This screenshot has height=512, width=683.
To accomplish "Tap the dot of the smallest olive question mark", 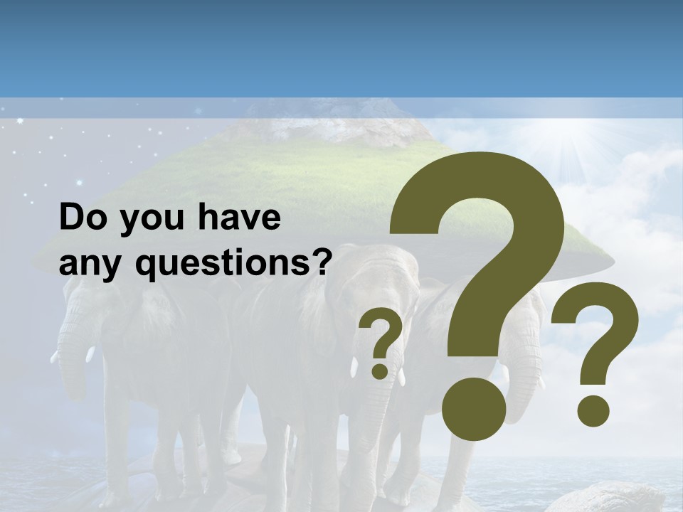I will tap(381, 370).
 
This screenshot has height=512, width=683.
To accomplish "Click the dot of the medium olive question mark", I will tap(593, 409).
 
